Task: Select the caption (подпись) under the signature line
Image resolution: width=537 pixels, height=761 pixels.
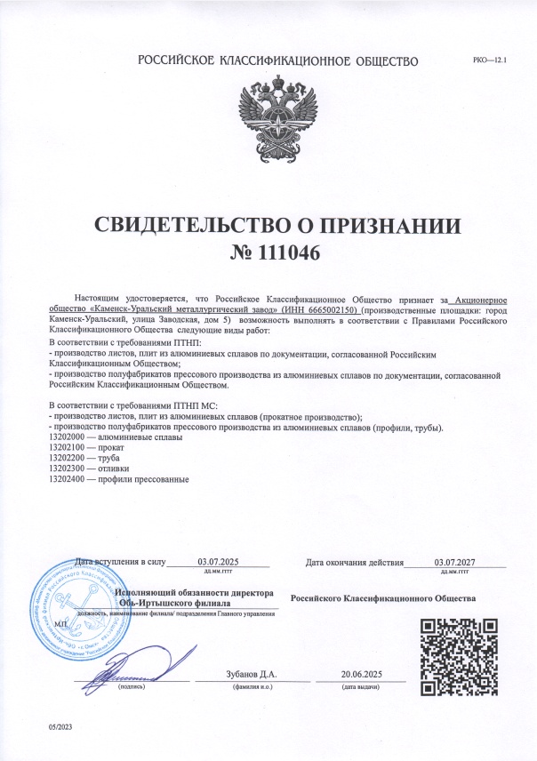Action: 132,687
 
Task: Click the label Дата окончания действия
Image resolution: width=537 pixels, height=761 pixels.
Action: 354,562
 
